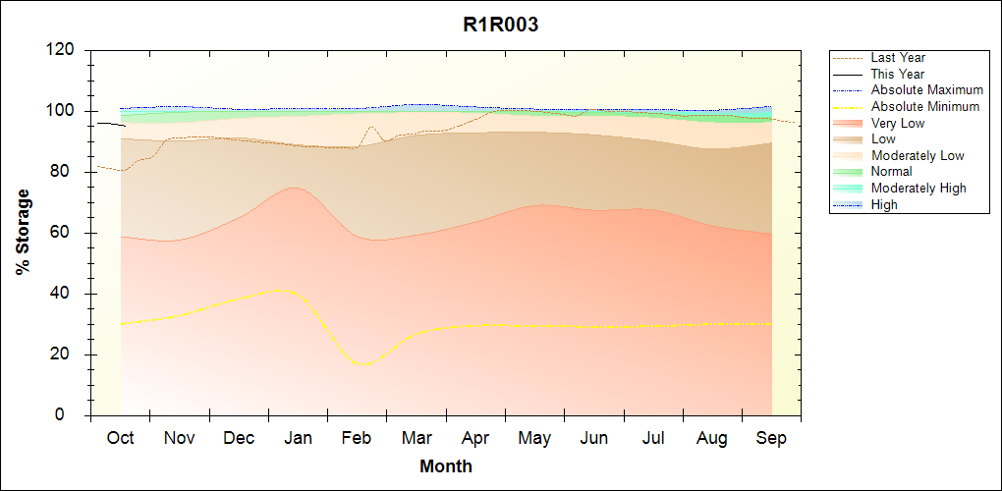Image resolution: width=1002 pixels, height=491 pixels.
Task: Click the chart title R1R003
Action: pyautogui.click(x=500, y=26)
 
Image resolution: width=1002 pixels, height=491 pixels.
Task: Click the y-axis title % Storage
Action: pyautogui.click(x=23, y=238)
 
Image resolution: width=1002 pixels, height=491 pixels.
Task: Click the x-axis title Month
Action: pyautogui.click(x=445, y=466)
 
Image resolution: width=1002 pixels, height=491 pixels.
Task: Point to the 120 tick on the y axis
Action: pyautogui.click(x=62, y=50)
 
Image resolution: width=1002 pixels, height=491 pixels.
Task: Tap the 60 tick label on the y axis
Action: pyautogui.click(x=66, y=233)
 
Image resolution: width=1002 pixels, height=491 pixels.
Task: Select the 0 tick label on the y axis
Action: pyautogui.click(x=71, y=415)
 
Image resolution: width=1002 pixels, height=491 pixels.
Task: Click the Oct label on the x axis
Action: pyautogui.click(x=120, y=438)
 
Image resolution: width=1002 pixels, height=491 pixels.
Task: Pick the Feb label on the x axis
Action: pyautogui.click(x=357, y=438)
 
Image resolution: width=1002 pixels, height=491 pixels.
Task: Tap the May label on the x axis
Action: pyautogui.click(x=534, y=438)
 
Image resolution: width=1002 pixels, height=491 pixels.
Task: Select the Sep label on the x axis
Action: pyautogui.click(x=771, y=438)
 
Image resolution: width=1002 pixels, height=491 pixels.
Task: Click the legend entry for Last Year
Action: pyautogui.click(x=898, y=58)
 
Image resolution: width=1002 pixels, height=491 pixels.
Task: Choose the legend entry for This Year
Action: pyautogui.click(x=898, y=75)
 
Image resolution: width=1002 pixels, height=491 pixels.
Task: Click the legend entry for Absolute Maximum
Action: pyautogui.click(x=926, y=90)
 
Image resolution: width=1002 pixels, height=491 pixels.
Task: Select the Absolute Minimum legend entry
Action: pyautogui.click(x=925, y=107)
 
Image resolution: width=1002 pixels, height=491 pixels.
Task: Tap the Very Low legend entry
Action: pyautogui.click(x=898, y=123)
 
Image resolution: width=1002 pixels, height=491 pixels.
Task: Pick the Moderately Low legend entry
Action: pyautogui.click(x=918, y=155)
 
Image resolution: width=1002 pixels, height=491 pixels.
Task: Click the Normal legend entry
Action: pyautogui.click(x=891, y=172)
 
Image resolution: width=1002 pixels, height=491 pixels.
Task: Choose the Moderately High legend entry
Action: pyautogui.click(x=918, y=188)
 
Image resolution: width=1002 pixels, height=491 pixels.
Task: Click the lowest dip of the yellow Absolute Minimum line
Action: pyautogui.click(x=364, y=364)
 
